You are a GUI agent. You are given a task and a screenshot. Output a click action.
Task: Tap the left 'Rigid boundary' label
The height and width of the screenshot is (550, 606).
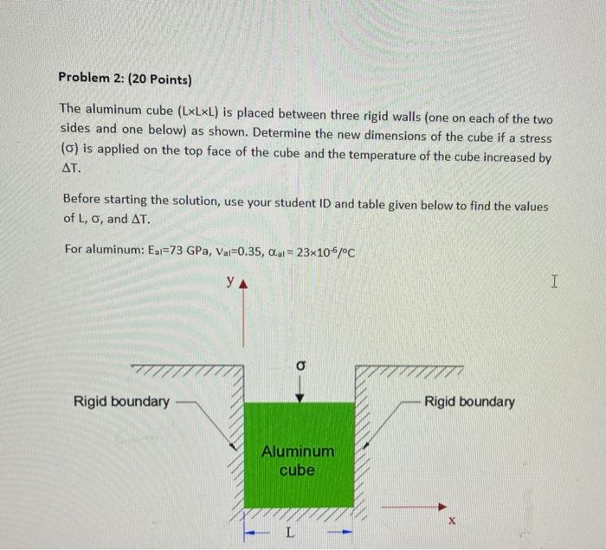[x=121, y=401]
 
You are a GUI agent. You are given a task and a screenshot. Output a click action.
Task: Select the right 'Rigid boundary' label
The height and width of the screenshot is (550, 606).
[x=470, y=401]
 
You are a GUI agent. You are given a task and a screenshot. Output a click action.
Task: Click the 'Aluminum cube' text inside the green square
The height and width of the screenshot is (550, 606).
[x=298, y=461]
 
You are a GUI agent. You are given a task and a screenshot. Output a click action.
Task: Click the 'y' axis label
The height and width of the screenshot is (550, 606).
[x=229, y=282]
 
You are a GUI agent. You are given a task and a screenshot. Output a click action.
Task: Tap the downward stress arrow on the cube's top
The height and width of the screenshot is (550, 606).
[x=300, y=391]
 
